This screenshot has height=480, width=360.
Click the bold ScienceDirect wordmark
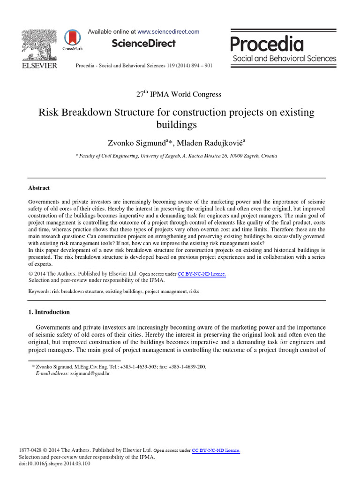coord(144,44)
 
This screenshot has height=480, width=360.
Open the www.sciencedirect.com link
coord(168,31)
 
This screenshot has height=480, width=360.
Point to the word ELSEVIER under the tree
coord(39,66)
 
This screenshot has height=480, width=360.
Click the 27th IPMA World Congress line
coord(179,94)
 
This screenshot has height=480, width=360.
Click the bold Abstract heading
coord(39,188)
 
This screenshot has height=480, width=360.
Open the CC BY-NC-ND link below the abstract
coord(202,274)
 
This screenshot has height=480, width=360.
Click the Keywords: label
coord(39,292)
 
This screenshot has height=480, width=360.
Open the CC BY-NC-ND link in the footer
coord(216,450)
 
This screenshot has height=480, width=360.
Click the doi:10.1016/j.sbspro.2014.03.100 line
coord(54,464)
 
